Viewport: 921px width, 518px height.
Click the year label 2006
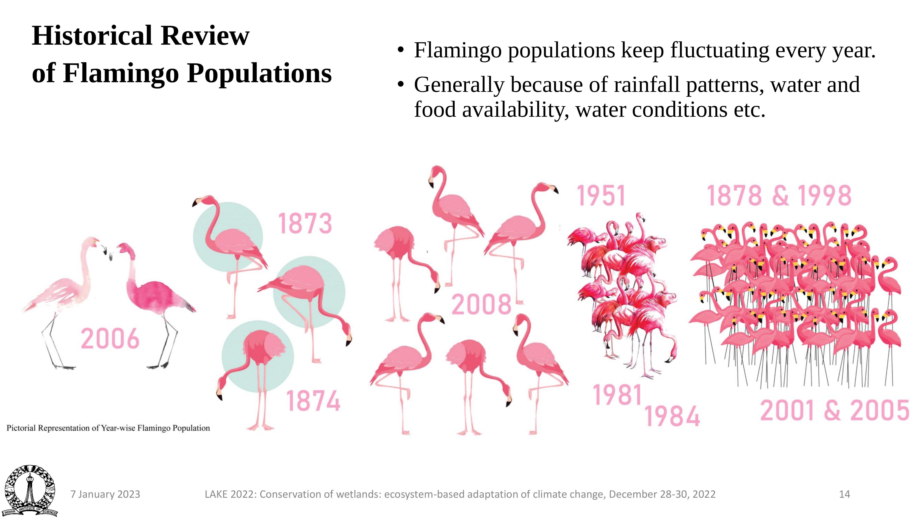tap(110, 339)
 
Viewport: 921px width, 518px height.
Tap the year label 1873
tap(305, 223)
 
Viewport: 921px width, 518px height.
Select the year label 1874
tap(313, 400)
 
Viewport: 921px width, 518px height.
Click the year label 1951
tap(601, 195)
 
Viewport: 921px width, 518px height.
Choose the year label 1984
tap(672, 416)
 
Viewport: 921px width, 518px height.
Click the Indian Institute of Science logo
tap(30, 490)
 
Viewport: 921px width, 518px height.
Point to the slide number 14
tap(845, 495)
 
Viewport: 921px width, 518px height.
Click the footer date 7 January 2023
tap(105, 495)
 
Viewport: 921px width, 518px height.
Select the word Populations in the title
tap(260, 73)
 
